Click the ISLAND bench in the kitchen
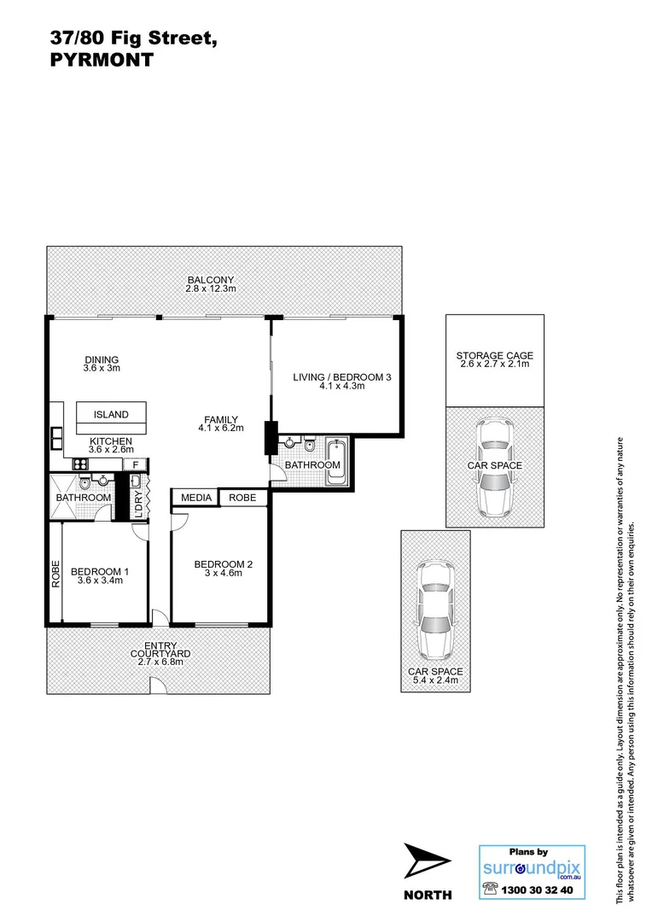pos(111,416)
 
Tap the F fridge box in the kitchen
pos(135,464)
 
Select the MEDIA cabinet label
pos(195,498)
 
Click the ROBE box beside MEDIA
pos(243,498)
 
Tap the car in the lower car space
pos(434,610)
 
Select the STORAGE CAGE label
pos(494,356)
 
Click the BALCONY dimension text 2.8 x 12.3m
pos(210,289)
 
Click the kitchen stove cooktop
pos(83,464)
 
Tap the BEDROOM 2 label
pos(223,563)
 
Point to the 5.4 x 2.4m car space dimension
pos(434,682)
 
